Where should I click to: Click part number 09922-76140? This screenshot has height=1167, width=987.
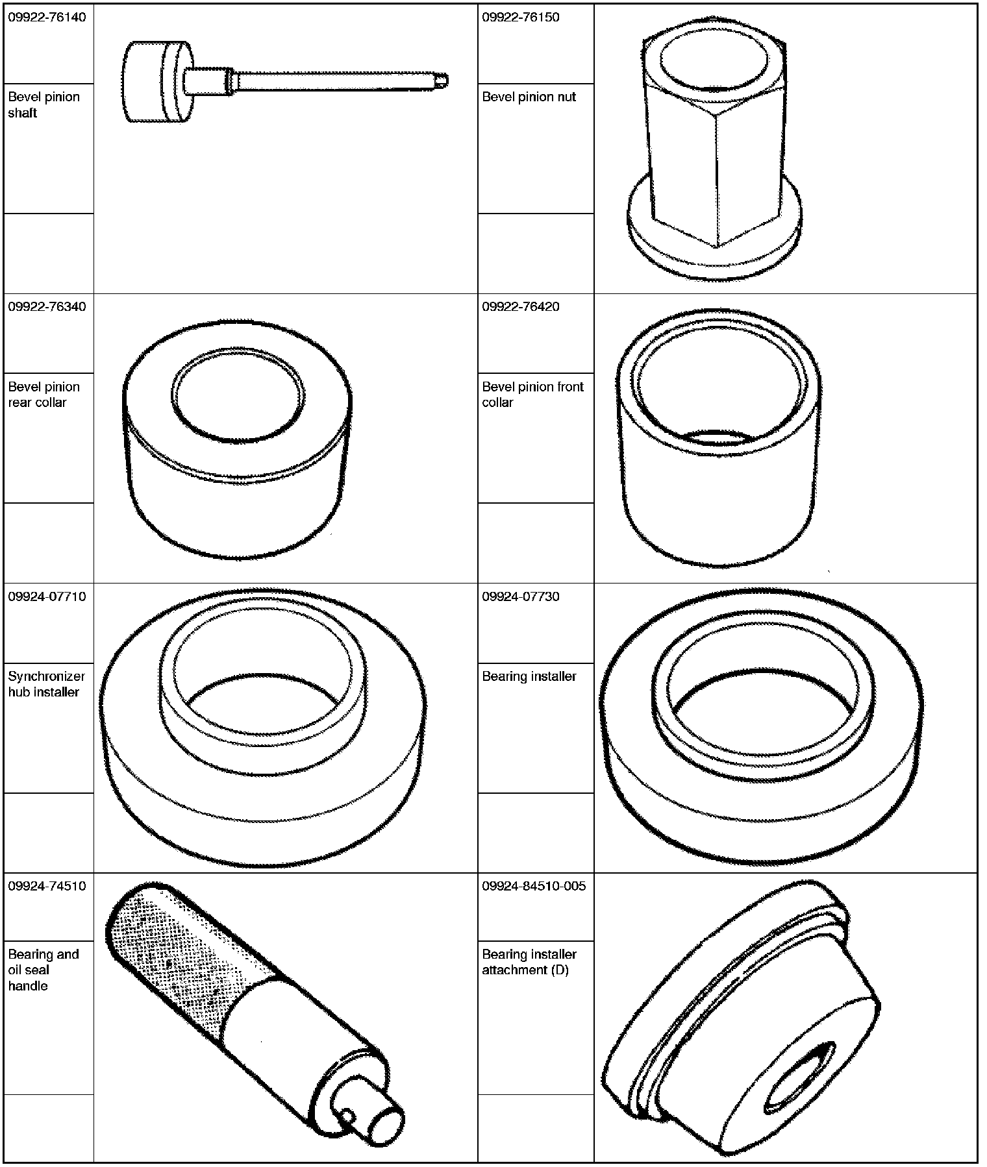pyautogui.click(x=47, y=17)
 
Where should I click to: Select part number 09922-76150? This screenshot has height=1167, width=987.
pyautogui.click(x=521, y=17)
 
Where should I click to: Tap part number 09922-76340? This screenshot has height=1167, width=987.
pyautogui.click(x=47, y=306)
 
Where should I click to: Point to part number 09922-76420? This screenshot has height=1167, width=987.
pyautogui.click(x=521, y=306)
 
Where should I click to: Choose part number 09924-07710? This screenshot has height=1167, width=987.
pyautogui.click(x=47, y=596)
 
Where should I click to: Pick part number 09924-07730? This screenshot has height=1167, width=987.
pyautogui.click(x=521, y=596)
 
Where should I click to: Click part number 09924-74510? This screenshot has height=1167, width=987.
pyautogui.click(x=47, y=886)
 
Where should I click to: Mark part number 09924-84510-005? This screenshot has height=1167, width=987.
pyautogui.click(x=534, y=886)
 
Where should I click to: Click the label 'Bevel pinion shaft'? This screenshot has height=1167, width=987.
pyautogui.click(x=44, y=104)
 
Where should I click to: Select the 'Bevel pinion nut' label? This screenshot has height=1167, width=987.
pyautogui.click(x=529, y=97)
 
